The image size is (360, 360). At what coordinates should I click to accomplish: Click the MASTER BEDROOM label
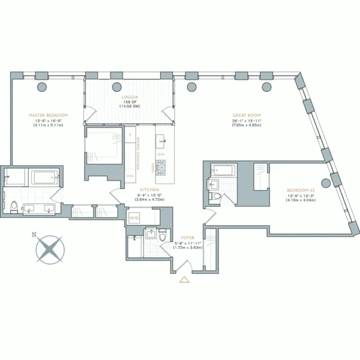[x=48, y=114]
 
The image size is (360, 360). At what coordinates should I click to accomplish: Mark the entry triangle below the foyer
[x=184, y=280]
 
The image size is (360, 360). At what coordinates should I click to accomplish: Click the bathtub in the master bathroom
[x=43, y=178]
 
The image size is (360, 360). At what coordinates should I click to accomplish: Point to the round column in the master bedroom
[x=43, y=87]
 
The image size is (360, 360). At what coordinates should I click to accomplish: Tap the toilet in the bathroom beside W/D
[x=164, y=237]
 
